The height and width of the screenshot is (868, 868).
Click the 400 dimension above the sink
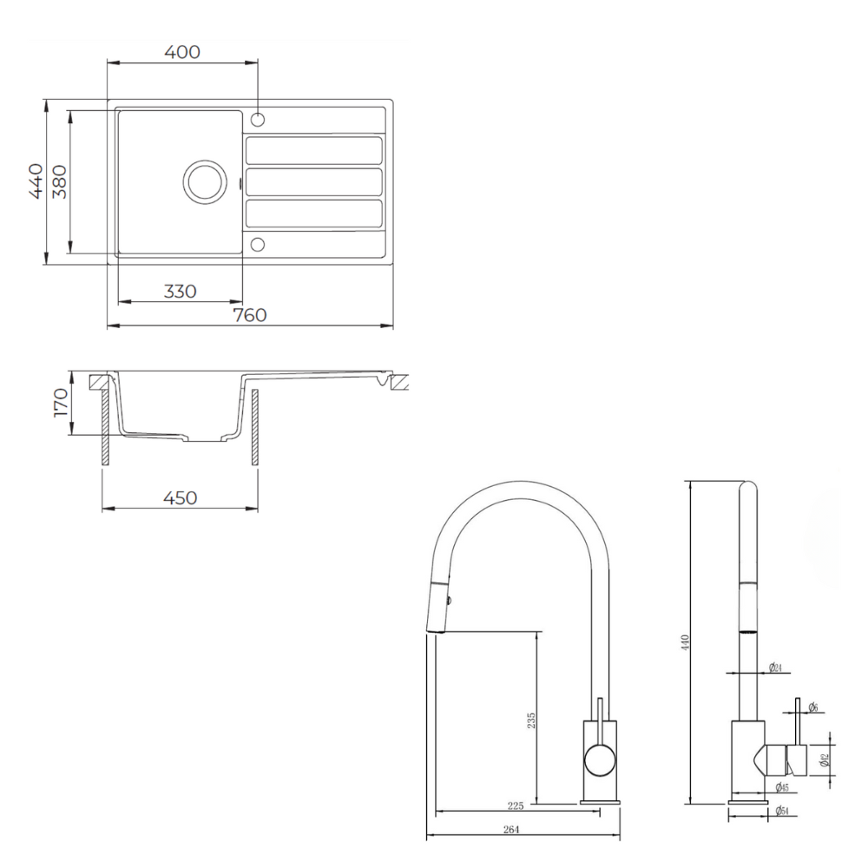click(182, 52)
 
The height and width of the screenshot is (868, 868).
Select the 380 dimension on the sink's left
click(59, 181)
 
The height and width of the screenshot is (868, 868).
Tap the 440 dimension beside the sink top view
click(35, 181)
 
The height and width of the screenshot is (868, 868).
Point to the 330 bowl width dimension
click(180, 291)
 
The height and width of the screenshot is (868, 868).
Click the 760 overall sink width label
click(250, 315)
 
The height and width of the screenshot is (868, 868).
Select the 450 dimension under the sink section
click(180, 497)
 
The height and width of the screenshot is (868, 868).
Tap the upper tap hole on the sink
click(257, 119)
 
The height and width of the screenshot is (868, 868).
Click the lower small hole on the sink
click(257, 244)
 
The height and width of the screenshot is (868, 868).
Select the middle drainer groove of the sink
click(313, 181)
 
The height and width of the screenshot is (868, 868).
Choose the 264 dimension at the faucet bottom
click(511, 830)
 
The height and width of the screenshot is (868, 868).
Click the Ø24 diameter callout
click(776, 667)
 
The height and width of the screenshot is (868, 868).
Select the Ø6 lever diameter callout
click(813, 707)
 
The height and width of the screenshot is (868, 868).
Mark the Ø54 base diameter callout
click(782, 812)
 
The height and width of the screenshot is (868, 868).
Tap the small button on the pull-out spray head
click(448, 598)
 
